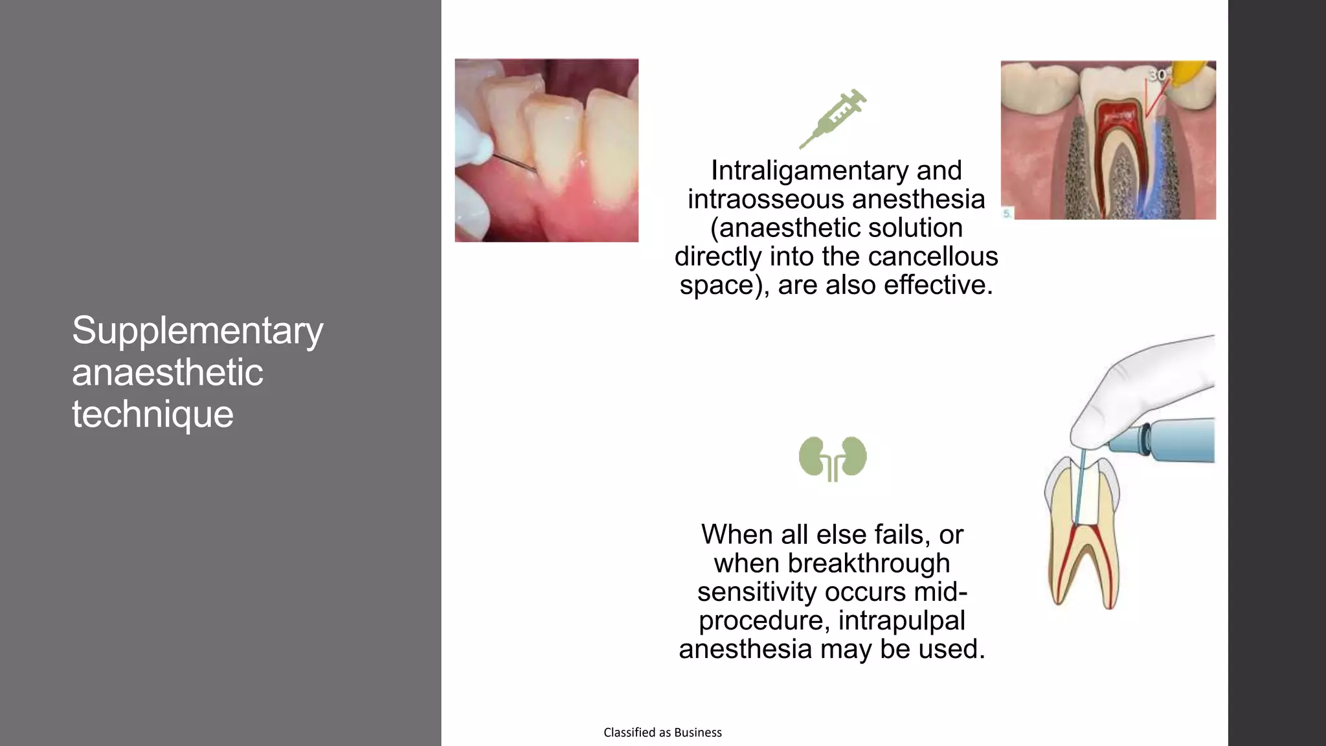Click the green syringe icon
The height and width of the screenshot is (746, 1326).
click(832, 119)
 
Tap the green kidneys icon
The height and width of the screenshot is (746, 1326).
click(833, 458)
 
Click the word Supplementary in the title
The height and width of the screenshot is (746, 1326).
click(197, 332)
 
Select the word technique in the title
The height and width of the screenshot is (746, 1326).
click(152, 414)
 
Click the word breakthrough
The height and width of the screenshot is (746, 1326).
click(868, 563)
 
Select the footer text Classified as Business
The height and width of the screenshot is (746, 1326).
click(662, 732)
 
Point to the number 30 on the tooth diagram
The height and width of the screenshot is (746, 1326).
click(1157, 75)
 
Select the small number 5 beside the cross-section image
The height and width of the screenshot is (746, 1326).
click(1007, 213)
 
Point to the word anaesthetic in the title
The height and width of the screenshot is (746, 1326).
click(167, 373)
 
